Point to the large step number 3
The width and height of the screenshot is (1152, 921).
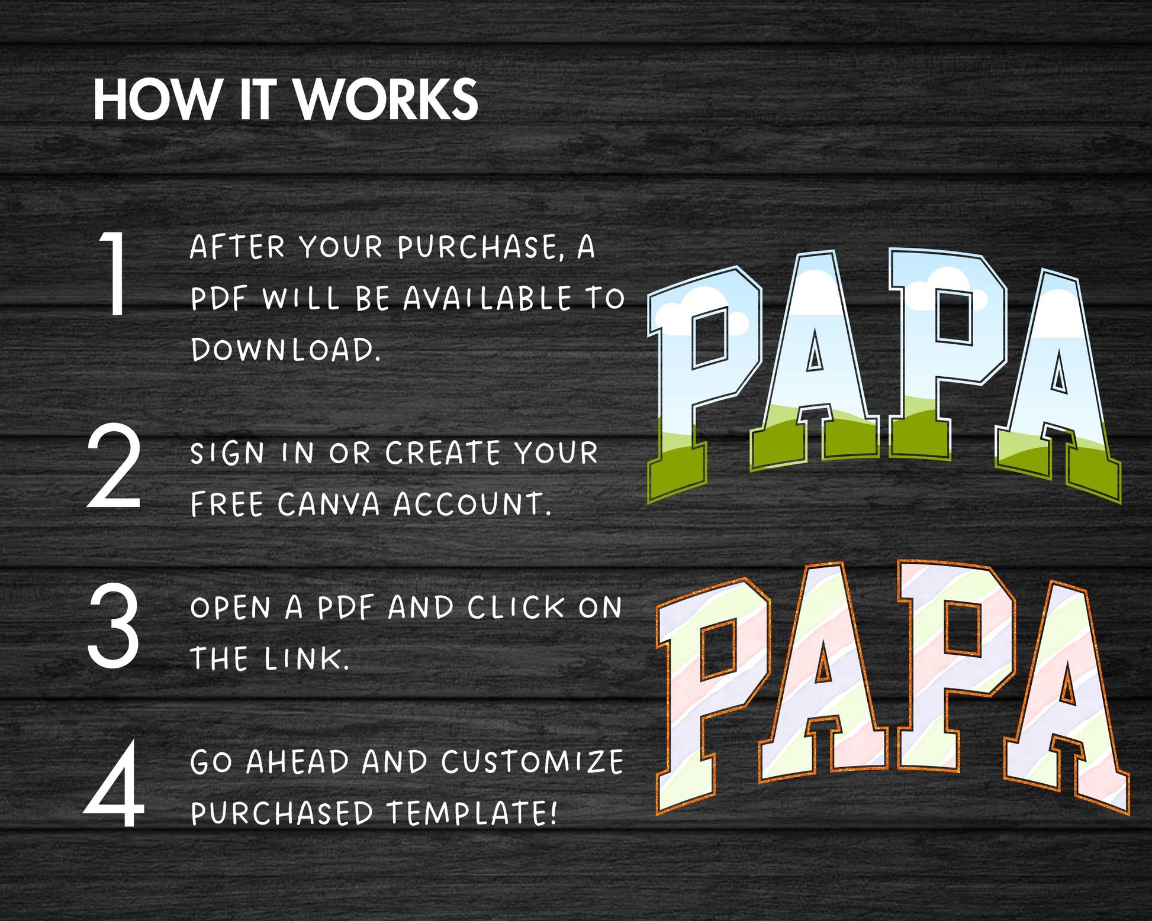[x=114, y=625]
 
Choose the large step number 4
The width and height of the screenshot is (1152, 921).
[x=114, y=784]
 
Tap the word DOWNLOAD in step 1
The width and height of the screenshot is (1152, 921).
[x=285, y=349]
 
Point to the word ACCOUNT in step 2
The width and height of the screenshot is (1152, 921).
[x=472, y=505]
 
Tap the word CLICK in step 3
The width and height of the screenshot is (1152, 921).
[x=516, y=607]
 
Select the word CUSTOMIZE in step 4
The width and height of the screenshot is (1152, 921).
[x=532, y=762]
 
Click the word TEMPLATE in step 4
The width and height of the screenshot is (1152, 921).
[x=472, y=813]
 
